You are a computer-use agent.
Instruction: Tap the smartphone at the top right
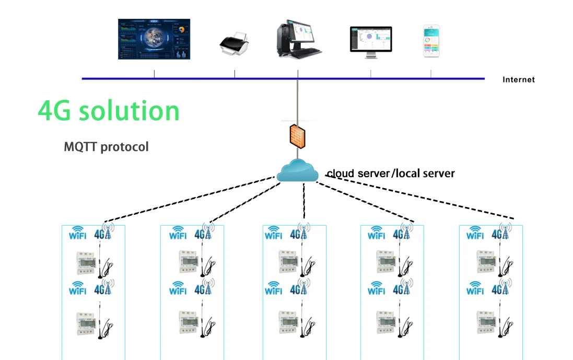tap(431, 41)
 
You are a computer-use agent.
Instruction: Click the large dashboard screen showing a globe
tap(154, 39)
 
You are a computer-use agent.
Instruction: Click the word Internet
tap(518, 80)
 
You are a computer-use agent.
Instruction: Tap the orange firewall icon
tap(298, 135)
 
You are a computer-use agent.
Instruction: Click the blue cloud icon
tap(297, 171)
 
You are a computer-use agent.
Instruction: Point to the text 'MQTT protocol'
tap(106, 147)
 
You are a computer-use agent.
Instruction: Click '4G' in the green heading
tap(54, 111)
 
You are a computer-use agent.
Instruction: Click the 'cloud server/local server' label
tap(390, 173)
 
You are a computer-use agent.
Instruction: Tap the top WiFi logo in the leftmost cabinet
tap(78, 233)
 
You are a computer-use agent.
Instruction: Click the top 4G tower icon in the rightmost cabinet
tap(501, 232)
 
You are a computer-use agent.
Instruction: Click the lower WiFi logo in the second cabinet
tap(178, 289)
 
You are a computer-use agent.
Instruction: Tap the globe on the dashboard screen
tap(155, 39)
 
